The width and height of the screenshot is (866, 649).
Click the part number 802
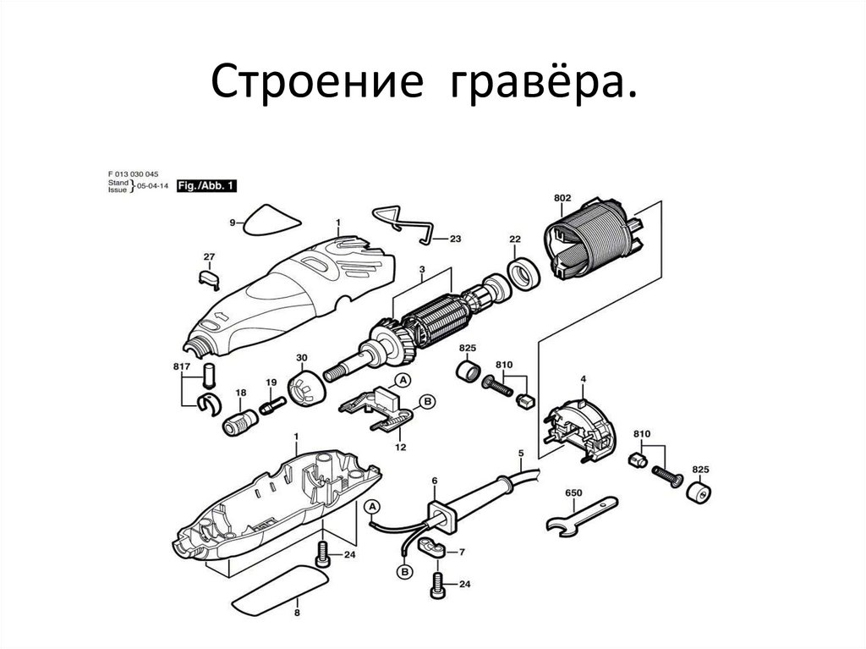coord(562,198)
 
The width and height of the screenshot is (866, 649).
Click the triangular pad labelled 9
coord(271,222)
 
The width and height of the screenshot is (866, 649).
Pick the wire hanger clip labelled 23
coord(404,223)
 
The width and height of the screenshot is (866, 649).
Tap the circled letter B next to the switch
coord(427,401)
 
